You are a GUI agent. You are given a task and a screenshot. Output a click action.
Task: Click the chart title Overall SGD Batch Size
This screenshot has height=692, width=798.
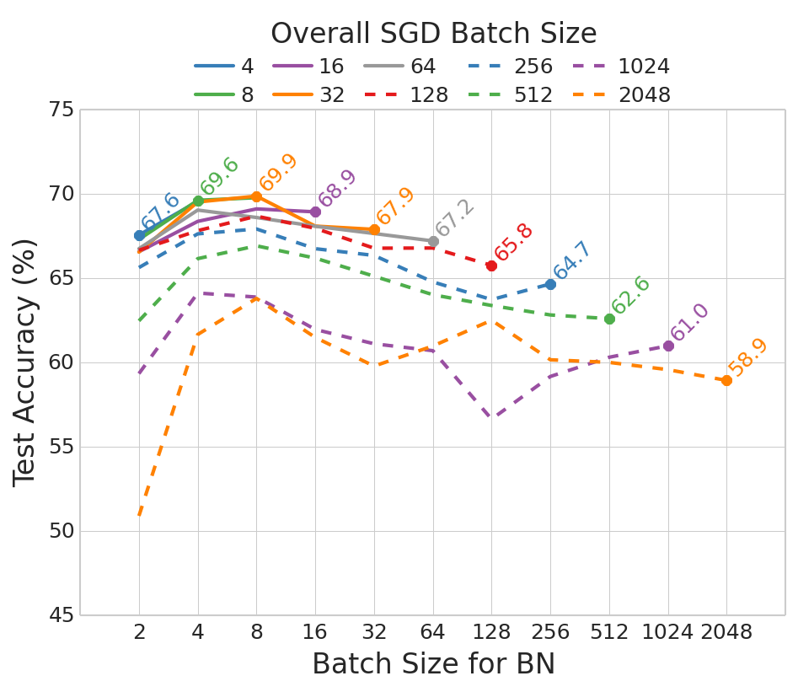coord(433,34)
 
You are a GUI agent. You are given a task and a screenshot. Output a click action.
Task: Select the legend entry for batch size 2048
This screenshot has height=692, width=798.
coord(623,94)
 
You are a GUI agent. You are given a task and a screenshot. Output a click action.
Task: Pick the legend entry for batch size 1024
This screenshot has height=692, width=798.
coord(623,67)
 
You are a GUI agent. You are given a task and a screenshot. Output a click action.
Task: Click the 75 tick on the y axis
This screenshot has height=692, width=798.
coord(62,110)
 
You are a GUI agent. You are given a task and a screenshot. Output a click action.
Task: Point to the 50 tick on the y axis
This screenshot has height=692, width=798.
coord(62,531)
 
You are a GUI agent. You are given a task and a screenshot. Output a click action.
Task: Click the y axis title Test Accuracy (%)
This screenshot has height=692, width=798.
coord(26,362)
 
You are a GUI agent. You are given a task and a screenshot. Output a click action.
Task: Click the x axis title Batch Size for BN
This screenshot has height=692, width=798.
coord(433,664)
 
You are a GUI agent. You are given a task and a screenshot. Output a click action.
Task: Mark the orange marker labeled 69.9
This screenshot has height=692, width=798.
coord(256,196)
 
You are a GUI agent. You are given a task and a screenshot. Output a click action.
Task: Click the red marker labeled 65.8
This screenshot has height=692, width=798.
coord(491,266)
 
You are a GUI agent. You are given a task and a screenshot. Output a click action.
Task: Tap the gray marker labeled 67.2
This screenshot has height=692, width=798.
coord(433,241)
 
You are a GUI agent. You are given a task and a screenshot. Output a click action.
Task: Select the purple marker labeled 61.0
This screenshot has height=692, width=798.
coord(668,346)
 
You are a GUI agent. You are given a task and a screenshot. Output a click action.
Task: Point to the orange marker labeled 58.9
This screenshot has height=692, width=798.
coord(726,381)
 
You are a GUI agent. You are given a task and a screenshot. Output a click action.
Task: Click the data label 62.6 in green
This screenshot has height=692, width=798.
coord(632,297)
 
